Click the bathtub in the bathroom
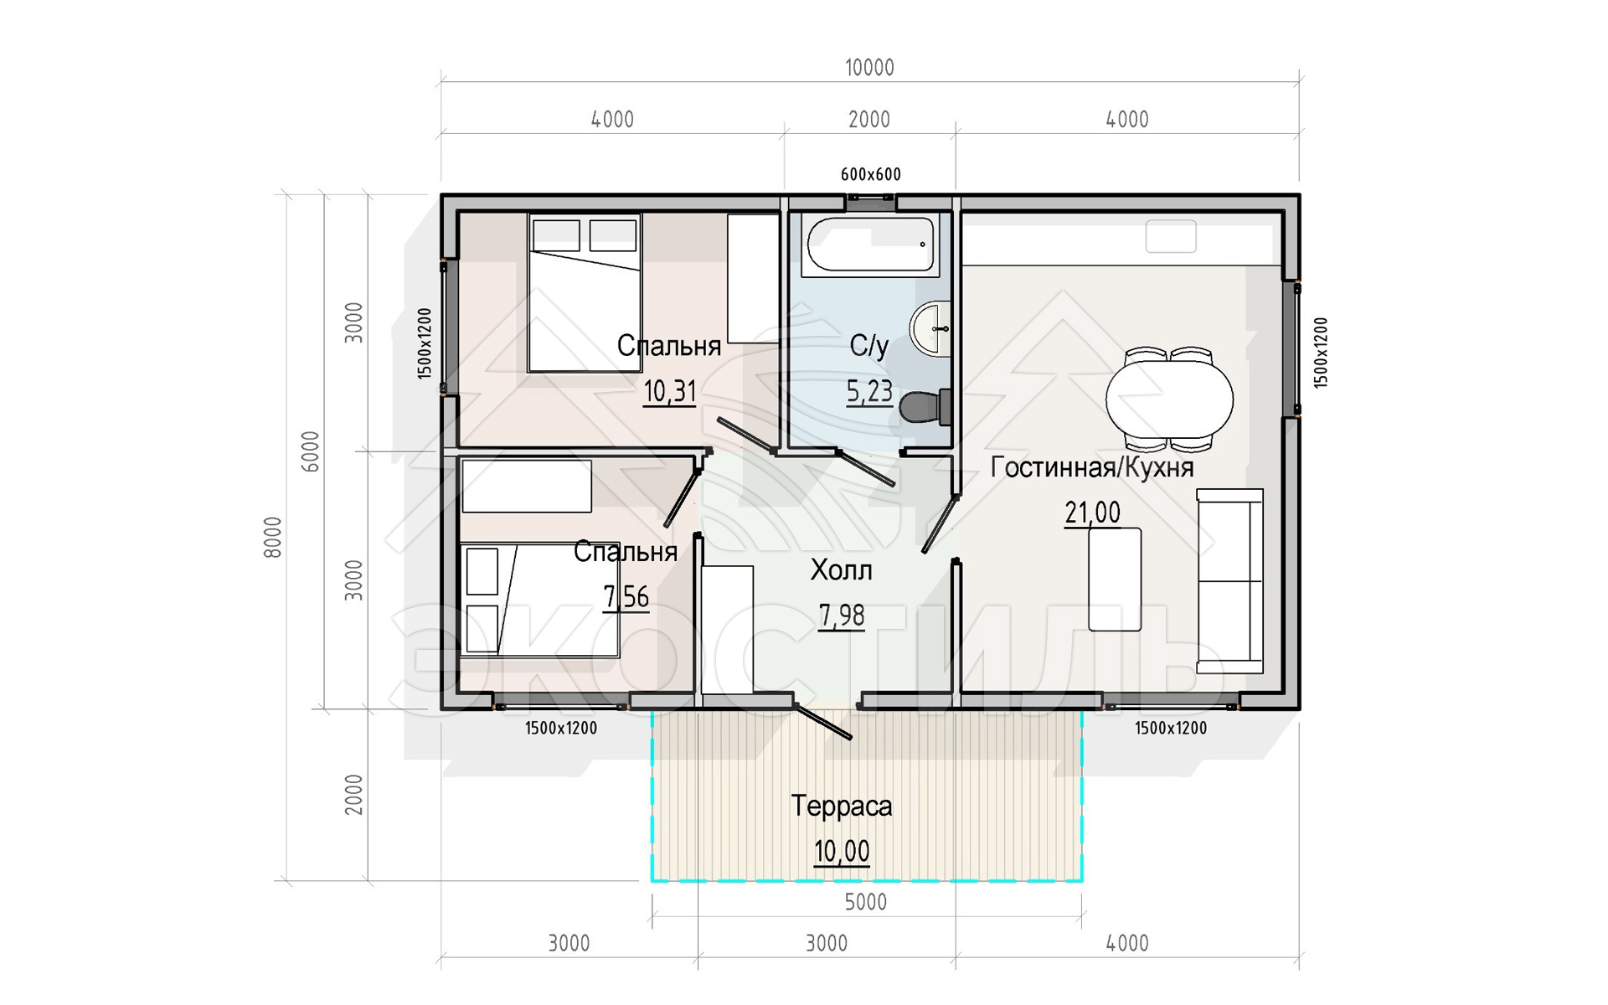click(x=870, y=245)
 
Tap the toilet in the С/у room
click(x=925, y=407)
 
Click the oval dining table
click(x=1169, y=399)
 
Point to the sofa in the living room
click(x=1229, y=581)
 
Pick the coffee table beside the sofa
click(x=1115, y=579)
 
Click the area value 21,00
click(x=1092, y=513)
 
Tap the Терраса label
click(x=842, y=806)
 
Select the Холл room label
click(x=841, y=570)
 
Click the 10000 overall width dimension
click(x=869, y=68)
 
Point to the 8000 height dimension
click(x=273, y=537)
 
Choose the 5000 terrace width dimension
click(x=865, y=902)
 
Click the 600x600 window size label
click(x=871, y=174)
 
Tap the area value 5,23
click(x=869, y=391)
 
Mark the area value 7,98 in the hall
click(x=842, y=616)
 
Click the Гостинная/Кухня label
click(x=1092, y=467)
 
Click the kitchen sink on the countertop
click(x=1171, y=236)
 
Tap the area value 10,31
click(x=670, y=391)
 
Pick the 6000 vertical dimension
click(x=311, y=451)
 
